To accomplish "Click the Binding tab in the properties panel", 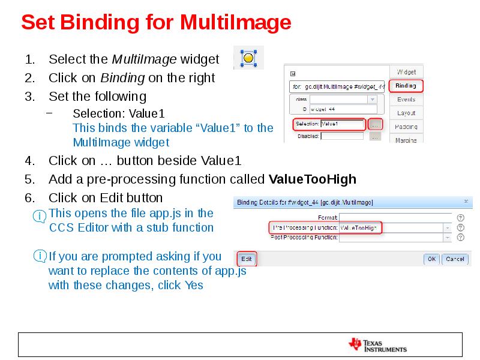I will coord(406,86).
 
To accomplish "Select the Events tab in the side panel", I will coord(406,100).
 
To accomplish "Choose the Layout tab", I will coord(406,113).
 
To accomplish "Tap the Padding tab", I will coord(406,127).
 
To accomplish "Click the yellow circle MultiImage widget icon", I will coord(248,58).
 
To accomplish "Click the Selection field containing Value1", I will coord(342,124).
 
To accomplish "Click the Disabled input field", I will coord(341,136).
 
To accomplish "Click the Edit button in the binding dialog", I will coord(247,259).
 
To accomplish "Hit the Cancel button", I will coord(455,259).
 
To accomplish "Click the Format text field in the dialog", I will coord(395,217).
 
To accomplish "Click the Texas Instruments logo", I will coord(377,344).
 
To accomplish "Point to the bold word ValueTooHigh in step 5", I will coord(313,179).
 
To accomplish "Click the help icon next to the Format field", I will coord(461,217).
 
